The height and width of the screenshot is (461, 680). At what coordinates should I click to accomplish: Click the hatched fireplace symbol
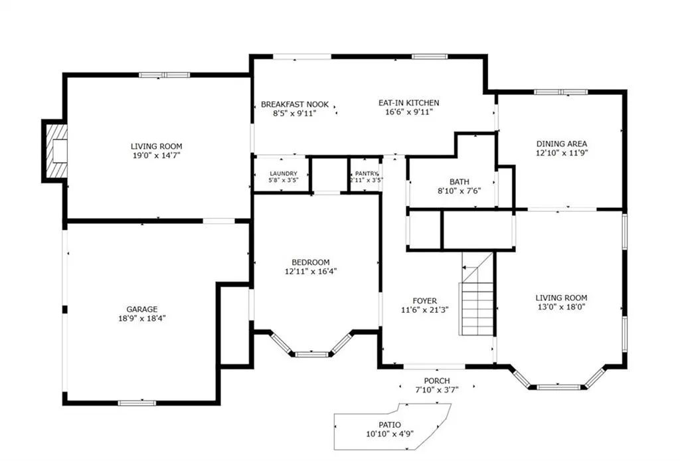pyautogui.click(x=57, y=151)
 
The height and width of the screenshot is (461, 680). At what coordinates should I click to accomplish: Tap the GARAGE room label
pyautogui.click(x=142, y=309)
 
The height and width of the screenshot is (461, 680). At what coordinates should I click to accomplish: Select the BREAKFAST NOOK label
pyautogui.click(x=295, y=104)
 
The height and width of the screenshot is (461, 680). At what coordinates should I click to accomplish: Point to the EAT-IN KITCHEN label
pyautogui.click(x=409, y=103)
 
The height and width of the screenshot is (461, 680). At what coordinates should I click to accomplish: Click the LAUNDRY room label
pyautogui.click(x=284, y=173)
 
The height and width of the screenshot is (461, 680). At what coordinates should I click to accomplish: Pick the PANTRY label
pyautogui.click(x=367, y=173)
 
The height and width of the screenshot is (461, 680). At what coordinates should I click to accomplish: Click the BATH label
pyautogui.click(x=460, y=182)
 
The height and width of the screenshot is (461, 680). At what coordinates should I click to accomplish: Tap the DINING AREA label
pyautogui.click(x=562, y=143)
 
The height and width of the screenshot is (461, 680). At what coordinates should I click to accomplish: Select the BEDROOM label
pyautogui.click(x=311, y=262)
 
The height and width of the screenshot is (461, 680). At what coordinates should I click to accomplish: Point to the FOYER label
pyautogui.click(x=424, y=300)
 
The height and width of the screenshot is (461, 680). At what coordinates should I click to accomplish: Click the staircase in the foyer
pyautogui.click(x=477, y=294)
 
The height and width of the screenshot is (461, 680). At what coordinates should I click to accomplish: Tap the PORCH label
pyautogui.click(x=437, y=381)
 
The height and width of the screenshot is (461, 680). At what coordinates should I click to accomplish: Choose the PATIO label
pyautogui.click(x=390, y=424)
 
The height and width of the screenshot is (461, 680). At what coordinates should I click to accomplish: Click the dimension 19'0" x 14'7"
pyautogui.click(x=157, y=155)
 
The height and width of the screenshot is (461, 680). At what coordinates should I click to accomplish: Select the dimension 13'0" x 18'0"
pyautogui.click(x=561, y=307)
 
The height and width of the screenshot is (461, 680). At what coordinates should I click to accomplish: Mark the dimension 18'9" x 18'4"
pyautogui.click(x=142, y=318)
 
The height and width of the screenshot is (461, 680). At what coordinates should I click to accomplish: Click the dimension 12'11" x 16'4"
pyautogui.click(x=311, y=272)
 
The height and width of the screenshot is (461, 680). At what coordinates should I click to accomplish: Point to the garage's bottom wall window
pyautogui.click(x=137, y=403)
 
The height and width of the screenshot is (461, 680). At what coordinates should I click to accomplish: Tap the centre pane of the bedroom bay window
pyautogui.click(x=311, y=354)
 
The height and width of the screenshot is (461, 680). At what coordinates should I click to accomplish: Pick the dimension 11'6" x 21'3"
pyautogui.click(x=424, y=310)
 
